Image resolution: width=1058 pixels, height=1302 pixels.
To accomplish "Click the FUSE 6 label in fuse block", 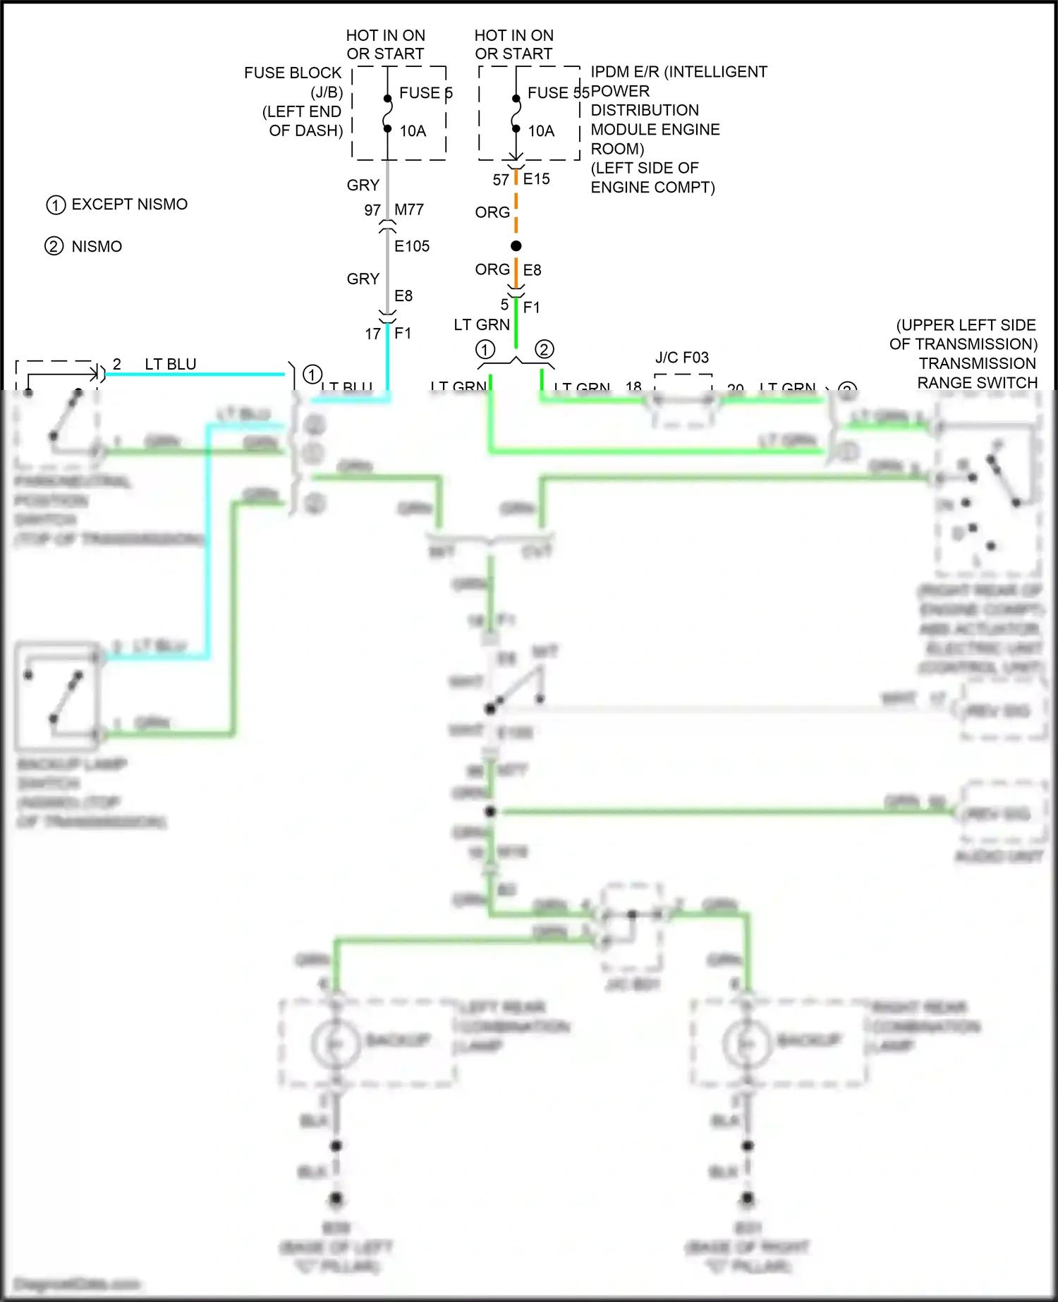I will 425,92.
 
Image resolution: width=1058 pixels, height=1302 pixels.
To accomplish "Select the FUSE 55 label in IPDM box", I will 557,92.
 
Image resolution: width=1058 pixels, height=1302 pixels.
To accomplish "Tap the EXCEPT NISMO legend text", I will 129,205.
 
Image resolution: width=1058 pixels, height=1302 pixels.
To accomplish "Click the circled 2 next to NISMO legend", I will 54,246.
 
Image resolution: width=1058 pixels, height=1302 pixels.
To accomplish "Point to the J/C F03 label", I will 681,358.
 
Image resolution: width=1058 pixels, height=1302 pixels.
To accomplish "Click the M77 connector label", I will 409,209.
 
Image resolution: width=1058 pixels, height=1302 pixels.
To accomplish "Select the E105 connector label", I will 412,246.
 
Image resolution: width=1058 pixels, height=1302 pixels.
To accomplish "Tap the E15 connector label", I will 536,179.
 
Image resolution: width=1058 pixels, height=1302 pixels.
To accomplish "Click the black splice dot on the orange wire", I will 516,245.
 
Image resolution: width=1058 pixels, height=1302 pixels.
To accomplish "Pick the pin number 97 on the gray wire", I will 372,210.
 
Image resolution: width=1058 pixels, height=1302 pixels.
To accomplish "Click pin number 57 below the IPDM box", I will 501,180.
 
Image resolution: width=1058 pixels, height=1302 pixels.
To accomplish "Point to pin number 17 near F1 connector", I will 373,334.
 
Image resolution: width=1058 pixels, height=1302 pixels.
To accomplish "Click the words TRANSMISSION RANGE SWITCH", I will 977,373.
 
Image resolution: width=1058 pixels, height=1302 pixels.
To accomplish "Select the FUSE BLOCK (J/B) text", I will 293,82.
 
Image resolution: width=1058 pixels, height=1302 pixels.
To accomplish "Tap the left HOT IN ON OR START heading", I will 385,44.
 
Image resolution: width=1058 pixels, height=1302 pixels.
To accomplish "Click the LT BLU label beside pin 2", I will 171,364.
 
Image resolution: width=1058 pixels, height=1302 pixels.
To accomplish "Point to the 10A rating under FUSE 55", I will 541,131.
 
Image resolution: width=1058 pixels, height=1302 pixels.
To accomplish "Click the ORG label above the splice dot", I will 492,212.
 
